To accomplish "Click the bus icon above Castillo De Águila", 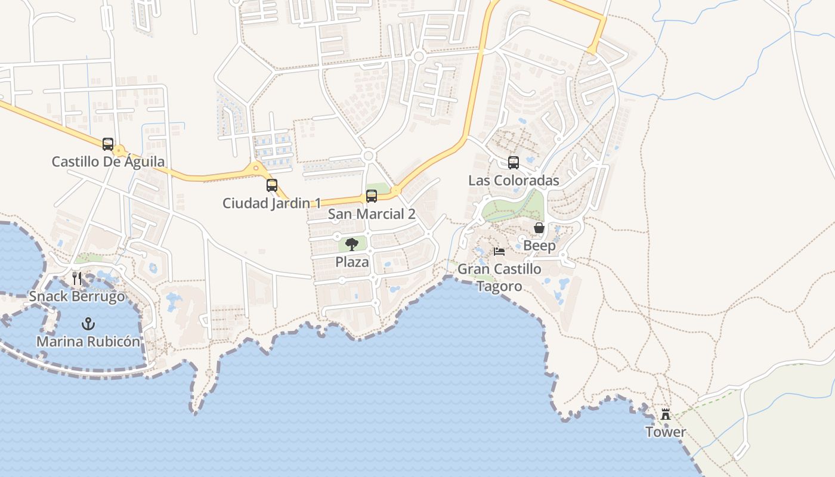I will (x=108, y=144).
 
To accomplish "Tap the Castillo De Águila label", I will (x=108, y=162).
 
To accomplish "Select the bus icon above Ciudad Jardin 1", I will (x=272, y=185).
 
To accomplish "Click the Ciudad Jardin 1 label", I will (x=271, y=203).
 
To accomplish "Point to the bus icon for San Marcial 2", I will (x=372, y=196).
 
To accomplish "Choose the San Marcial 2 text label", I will (x=372, y=214).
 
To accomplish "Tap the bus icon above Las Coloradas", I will (x=514, y=163).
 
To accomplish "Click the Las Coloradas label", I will (x=514, y=181).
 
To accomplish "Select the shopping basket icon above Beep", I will (x=539, y=228).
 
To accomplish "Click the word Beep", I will (x=539, y=246).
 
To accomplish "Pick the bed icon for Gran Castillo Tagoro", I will (x=499, y=252).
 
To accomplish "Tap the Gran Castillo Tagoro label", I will (x=499, y=277).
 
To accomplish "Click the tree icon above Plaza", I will (x=352, y=244).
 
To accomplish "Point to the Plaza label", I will (x=352, y=262).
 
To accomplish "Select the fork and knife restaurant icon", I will (x=77, y=278).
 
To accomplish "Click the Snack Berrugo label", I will (x=77, y=296).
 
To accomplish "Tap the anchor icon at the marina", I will (x=88, y=324).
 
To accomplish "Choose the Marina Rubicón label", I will (x=88, y=342).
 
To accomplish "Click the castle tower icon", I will (x=666, y=414).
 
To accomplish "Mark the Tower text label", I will (x=666, y=432).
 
